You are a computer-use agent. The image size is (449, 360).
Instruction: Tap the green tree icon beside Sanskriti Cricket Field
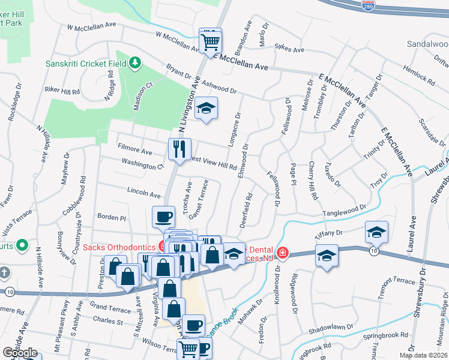click(x=136, y=62)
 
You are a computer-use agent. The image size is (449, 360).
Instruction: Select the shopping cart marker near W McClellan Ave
click(x=210, y=41)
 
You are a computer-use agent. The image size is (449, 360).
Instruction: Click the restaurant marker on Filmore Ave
click(x=179, y=149)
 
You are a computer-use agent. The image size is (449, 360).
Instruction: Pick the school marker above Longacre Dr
click(x=206, y=108)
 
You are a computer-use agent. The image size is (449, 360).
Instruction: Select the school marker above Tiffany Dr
click(x=376, y=232)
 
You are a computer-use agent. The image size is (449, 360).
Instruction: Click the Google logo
click(x=20, y=353)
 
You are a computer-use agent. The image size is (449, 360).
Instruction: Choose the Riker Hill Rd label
click(x=62, y=91)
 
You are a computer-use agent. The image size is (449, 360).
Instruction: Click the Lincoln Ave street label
click(x=144, y=195)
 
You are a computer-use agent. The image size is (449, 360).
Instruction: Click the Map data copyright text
click(x=423, y=355)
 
